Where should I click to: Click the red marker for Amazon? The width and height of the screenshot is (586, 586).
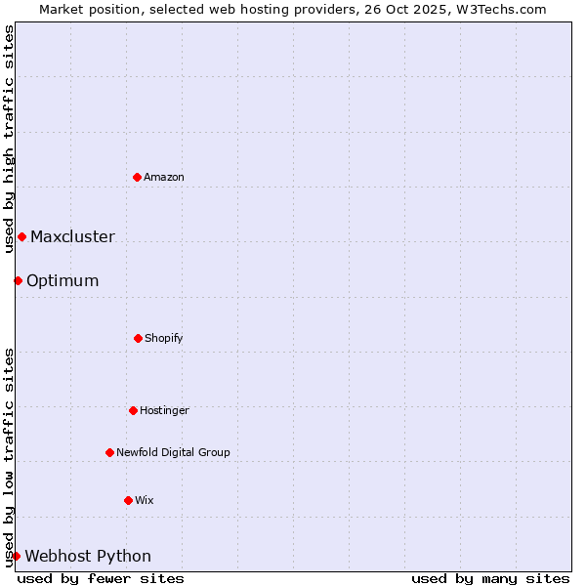click(137, 177)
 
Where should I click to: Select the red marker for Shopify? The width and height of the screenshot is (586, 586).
click(138, 338)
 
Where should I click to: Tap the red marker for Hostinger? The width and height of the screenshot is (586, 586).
click(133, 410)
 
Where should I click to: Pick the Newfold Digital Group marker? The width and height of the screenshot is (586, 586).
click(109, 452)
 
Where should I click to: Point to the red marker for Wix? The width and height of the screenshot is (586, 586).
click(128, 500)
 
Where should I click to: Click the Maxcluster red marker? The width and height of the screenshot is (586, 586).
click(21, 236)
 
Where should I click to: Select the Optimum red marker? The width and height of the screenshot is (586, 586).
click(18, 280)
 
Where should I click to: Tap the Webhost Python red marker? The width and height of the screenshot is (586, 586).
click(16, 556)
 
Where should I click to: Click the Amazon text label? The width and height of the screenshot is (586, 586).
click(164, 177)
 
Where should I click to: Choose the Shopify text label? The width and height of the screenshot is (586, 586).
click(164, 338)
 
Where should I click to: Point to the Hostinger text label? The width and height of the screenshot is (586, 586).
click(164, 410)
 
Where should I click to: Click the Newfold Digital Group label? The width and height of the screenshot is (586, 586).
click(173, 452)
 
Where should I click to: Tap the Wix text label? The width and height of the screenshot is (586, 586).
click(145, 500)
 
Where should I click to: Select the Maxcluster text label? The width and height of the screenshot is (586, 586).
click(72, 236)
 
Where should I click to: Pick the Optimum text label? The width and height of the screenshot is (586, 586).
click(63, 280)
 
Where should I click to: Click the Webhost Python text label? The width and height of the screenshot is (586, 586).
click(88, 556)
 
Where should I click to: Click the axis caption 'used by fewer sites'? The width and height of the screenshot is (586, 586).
click(101, 578)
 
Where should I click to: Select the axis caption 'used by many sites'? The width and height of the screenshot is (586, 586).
click(490, 578)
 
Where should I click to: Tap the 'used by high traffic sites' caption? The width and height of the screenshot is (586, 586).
click(9, 139)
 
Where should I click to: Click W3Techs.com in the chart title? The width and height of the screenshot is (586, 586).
click(500, 9)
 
